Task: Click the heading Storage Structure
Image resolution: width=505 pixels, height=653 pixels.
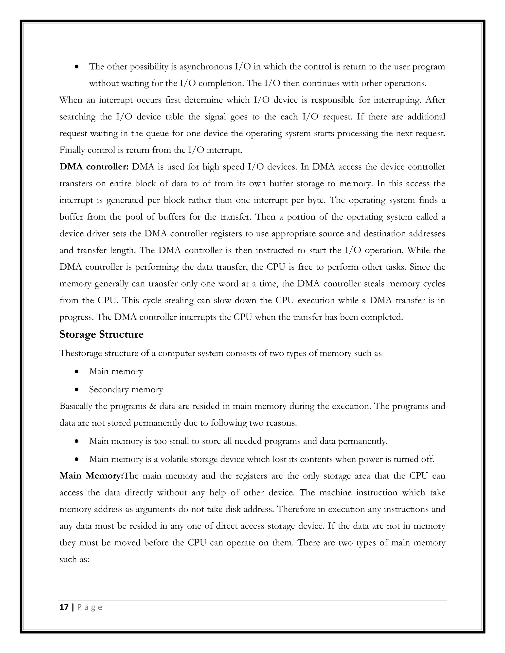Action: [x=101, y=334]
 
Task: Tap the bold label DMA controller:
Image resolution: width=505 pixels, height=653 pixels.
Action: [x=94, y=167]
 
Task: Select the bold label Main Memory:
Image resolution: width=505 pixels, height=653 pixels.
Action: [x=91, y=476]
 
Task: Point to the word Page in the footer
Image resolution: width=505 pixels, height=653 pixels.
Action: [x=90, y=607]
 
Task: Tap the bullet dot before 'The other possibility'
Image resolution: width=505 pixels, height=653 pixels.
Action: [x=77, y=67]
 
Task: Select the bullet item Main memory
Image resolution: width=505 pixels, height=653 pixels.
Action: [x=116, y=372]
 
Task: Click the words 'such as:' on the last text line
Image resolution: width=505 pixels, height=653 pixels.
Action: [x=74, y=559]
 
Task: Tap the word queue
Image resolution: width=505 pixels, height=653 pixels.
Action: [x=157, y=134]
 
